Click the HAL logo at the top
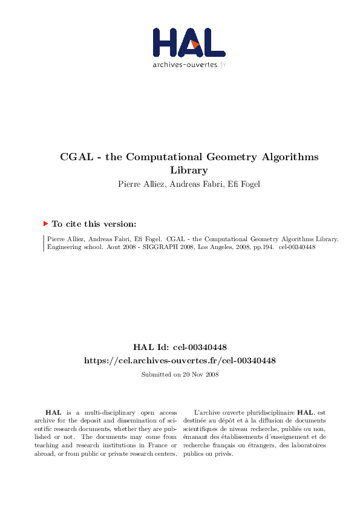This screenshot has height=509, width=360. pyautogui.click(x=188, y=42)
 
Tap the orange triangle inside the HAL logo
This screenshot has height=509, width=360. pyautogui.click(x=194, y=44)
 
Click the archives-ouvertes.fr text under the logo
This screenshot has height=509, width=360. pyautogui.click(x=189, y=64)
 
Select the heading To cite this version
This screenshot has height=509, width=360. pyautogui.click(x=94, y=224)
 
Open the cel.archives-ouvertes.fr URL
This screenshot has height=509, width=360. pyautogui.click(x=180, y=360)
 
